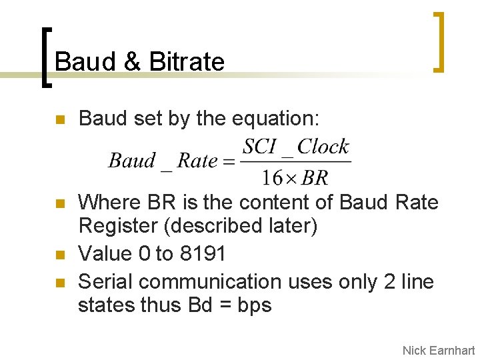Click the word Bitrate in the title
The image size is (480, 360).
click(x=187, y=62)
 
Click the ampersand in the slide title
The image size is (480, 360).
click(x=132, y=62)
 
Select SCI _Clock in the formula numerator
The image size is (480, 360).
click(x=295, y=147)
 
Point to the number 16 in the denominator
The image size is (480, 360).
click(x=272, y=178)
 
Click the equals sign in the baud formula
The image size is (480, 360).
click(x=229, y=161)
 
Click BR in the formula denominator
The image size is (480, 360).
click(x=315, y=178)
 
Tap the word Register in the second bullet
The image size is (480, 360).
click(x=118, y=226)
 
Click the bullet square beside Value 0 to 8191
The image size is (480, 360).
click(x=59, y=255)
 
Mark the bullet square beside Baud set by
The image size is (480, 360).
click(x=59, y=120)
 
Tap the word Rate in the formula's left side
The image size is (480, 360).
click(x=198, y=161)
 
